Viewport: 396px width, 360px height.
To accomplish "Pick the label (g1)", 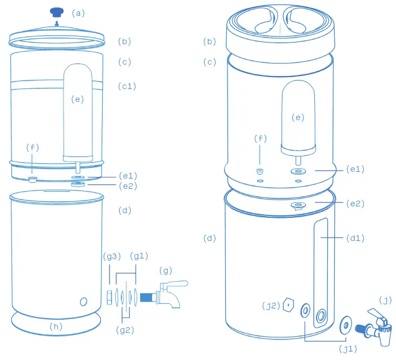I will coord(138,256).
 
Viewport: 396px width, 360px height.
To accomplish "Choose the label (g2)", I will coord(125,329).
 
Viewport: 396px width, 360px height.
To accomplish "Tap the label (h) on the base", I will coord(56,326).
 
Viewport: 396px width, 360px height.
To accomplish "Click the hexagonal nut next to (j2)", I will coord(288,304).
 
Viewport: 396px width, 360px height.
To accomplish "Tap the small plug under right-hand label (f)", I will coord(261,171).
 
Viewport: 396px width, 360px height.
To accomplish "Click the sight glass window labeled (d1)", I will coord(322,266).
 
